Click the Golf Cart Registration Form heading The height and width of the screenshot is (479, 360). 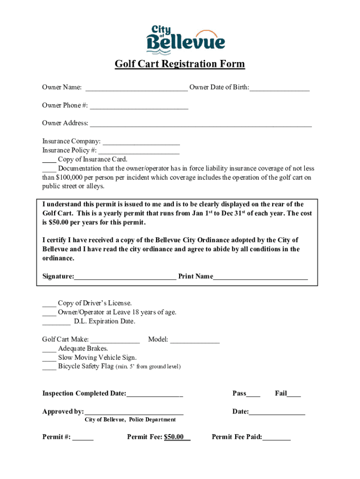click(180, 64)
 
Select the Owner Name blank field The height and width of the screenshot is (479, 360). click(136, 88)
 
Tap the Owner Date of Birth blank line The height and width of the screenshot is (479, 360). click(279, 88)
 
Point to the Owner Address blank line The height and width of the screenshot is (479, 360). click(201, 124)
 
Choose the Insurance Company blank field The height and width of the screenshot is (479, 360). click(141, 142)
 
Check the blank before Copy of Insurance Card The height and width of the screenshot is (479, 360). click(49, 160)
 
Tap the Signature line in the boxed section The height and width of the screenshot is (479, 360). click(125, 277)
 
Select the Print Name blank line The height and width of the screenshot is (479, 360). click(260, 277)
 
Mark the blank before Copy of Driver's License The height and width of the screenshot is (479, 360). click(49, 304)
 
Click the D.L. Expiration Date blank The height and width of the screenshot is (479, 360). click(56, 322)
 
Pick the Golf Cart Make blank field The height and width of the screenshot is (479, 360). click(115, 340)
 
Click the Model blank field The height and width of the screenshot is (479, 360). click(194, 340)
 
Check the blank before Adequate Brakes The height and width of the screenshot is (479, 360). click(49, 349)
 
